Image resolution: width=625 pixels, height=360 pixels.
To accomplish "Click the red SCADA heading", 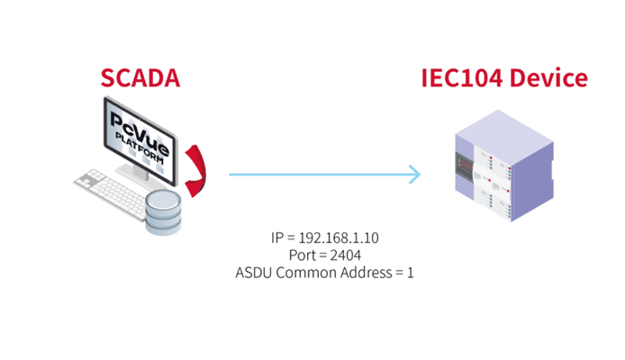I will (140, 78).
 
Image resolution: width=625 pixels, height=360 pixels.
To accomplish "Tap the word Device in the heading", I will (548, 78).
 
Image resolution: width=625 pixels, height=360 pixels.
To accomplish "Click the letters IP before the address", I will (276, 238).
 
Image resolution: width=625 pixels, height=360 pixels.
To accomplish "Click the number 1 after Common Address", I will (410, 271).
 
